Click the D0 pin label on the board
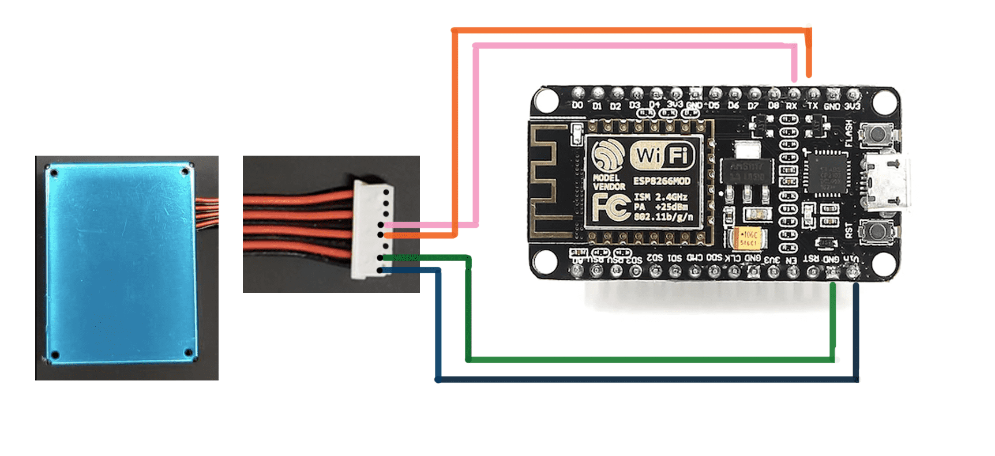(x=577, y=105)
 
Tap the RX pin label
(x=792, y=106)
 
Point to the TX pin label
(x=812, y=106)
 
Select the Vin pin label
(x=851, y=259)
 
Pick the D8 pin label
(x=773, y=106)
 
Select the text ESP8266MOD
(x=662, y=181)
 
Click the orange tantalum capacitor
(x=748, y=239)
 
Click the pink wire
(x=634, y=46)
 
